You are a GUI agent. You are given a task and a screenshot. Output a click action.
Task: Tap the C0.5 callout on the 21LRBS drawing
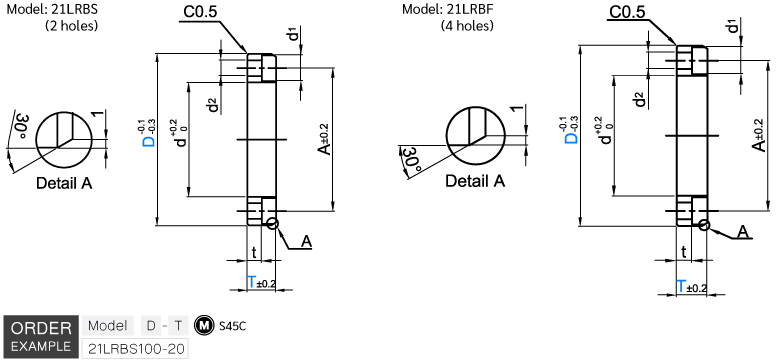[200, 13]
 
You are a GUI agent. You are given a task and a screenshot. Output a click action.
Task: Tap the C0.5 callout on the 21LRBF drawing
[627, 11]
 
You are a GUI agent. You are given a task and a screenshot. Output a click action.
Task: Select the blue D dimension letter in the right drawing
[572, 137]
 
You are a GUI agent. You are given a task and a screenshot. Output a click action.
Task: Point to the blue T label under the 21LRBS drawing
[252, 282]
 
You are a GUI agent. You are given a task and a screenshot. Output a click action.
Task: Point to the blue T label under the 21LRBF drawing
[682, 286]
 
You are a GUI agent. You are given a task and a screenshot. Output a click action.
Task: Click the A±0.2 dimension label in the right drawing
[757, 135]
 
